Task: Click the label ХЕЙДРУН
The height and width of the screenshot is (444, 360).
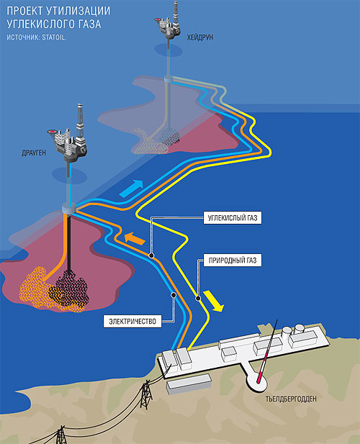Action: point(199,37)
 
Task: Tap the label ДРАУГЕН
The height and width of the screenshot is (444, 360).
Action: point(34,153)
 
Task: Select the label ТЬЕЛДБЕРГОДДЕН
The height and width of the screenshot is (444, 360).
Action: point(291,399)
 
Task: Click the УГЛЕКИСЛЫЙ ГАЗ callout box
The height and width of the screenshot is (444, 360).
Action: point(233,218)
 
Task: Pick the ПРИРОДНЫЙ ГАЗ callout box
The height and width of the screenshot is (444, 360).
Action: point(233,260)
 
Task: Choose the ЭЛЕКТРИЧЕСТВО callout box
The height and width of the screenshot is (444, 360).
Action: point(132,322)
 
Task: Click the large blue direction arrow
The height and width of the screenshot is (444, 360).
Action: point(132,188)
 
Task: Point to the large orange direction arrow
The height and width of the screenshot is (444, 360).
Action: point(135,238)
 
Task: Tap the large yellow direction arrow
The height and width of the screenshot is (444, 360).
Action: point(214,301)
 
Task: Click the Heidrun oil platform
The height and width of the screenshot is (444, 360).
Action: point(168,22)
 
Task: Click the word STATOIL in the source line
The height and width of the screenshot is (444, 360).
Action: point(54,37)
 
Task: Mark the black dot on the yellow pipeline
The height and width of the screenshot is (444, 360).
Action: point(198,298)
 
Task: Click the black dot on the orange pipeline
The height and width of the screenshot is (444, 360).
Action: point(151,255)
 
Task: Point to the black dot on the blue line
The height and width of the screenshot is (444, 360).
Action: point(174,295)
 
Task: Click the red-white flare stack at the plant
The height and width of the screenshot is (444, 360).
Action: point(267,351)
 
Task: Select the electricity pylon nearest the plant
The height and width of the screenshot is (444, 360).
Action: point(146,394)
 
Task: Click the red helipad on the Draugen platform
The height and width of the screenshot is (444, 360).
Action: point(52,132)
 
